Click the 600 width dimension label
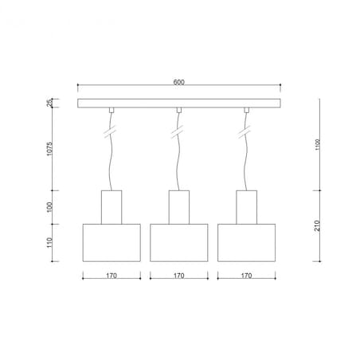click(x=178, y=82)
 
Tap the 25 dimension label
click(x=49, y=103)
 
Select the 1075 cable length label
click(x=49, y=148)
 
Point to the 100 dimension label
click(x=49, y=207)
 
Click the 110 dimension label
click(x=49, y=243)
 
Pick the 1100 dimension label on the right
click(x=318, y=144)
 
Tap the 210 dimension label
click(x=318, y=225)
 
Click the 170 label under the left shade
click(x=112, y=276)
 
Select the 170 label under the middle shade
click(x=179, y=276)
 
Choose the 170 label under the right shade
click(x=246, y=276)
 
